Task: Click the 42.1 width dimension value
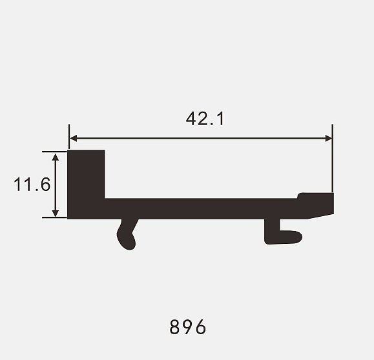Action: click(x=205, y=119)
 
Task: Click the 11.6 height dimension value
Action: click(x=32, y=185)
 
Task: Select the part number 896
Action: click(x=187, y=327)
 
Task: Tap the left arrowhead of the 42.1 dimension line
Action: click(x=74, y=138)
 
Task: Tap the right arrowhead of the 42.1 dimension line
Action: click(x=329, y=138)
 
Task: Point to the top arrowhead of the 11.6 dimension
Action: click(x=56, y=157)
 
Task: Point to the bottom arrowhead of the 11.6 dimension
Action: click(x=56, y=214)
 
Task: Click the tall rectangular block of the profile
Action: click(x=86, y=184)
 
